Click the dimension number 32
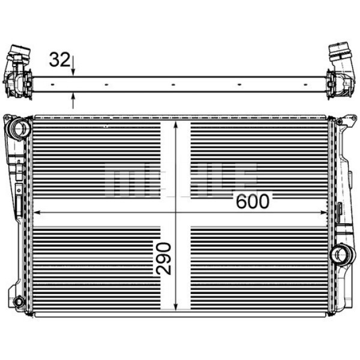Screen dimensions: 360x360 [59, 59]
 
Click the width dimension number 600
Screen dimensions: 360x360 [253, 201]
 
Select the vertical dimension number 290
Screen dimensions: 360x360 [163, 258]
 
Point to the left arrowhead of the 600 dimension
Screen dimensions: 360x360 [37, 211]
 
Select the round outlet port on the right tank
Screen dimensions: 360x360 [344, 255]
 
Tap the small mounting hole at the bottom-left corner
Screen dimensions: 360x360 [18, 301]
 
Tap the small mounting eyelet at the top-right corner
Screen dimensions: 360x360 [338, 122]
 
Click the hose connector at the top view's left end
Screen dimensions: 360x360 [18, 70]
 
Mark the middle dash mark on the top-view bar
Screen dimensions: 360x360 [173, 85]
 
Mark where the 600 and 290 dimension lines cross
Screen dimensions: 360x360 [175, 211]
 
